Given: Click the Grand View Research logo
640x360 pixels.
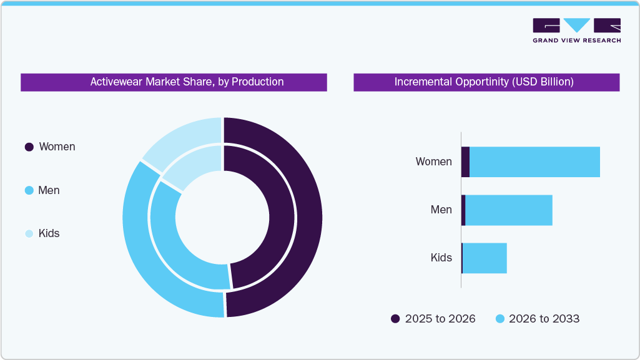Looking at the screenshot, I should (x=576, y=30).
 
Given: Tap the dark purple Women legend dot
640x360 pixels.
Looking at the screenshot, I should (x=29, y=147).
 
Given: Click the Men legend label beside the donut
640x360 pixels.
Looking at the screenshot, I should (x=49, y=190).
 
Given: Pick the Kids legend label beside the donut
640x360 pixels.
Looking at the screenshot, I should (x=49, y=233).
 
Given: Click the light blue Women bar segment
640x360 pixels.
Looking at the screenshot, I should (x=534, y=162).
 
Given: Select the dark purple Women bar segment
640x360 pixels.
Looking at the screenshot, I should (x=465, y=162).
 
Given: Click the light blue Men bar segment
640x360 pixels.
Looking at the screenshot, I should (x=509, y=210).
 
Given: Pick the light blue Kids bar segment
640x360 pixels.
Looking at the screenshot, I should (x=485, y=258).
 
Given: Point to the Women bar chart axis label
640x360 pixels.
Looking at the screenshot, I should (x=433, y=162).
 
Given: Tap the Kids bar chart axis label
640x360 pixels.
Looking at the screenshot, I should (x=441, y=258).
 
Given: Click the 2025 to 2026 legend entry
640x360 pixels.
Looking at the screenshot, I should (x=433, y=319).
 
